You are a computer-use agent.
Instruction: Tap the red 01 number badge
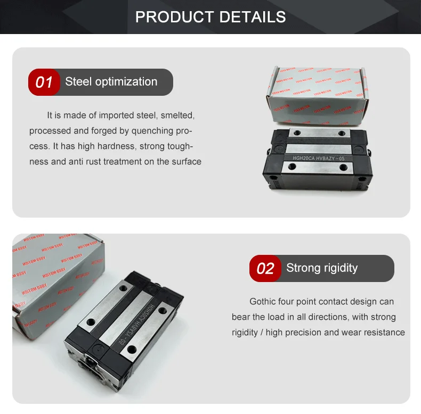[44, 82]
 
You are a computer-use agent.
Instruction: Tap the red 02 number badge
[265, 268]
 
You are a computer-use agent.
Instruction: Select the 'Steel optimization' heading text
[111, 82]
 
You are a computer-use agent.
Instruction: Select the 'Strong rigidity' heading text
[322, 268]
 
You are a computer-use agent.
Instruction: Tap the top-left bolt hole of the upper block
[297, 133]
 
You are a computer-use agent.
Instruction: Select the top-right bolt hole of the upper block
[342, 134]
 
